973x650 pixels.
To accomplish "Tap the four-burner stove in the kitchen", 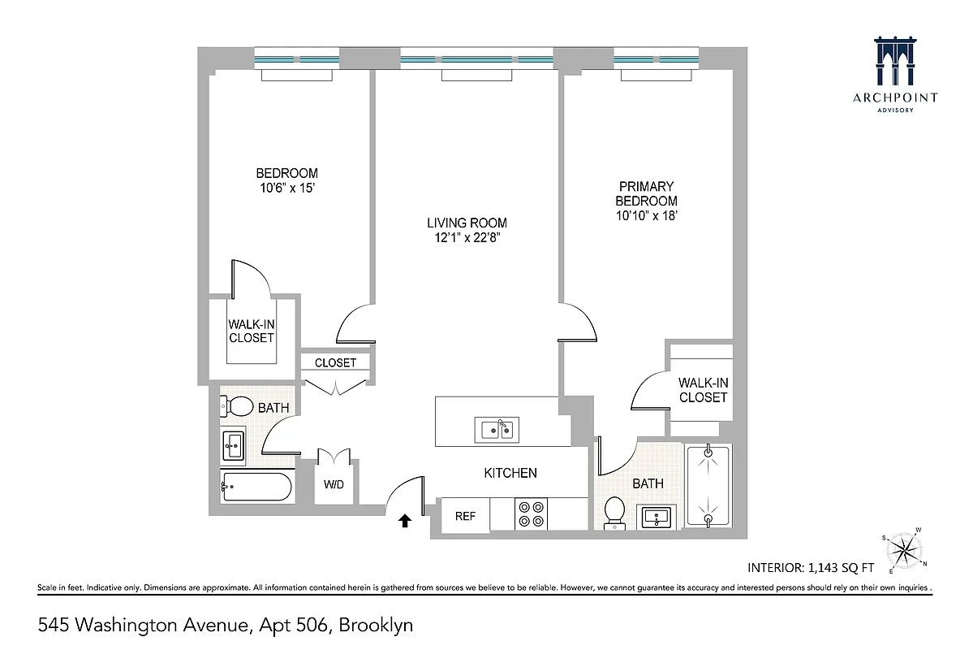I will click(x=532, y=514).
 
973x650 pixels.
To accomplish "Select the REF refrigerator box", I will click(x=465, y=516).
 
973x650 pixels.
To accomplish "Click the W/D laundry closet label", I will click(x=334, y=485).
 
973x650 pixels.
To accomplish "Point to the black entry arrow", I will click(x=404, y=519).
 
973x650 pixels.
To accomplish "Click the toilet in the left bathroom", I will click(x=239, y=405).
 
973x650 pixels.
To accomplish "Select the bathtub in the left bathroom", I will click(x=256, y=487).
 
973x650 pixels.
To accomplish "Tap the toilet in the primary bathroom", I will click(x=615, y=513).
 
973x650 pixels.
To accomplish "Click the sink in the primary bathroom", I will click(x=657, y=516).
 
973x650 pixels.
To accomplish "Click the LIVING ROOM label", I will click(x=467, y=223).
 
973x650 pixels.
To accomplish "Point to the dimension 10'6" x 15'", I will click(x=286, y=188).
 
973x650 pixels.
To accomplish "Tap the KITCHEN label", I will click(x=510, y=472).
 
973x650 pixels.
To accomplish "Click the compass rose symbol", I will click(x=902, y=550).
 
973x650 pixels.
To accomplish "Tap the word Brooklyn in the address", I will click(x=376, y=626).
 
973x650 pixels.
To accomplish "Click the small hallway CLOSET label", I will click(x=335, y=362).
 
